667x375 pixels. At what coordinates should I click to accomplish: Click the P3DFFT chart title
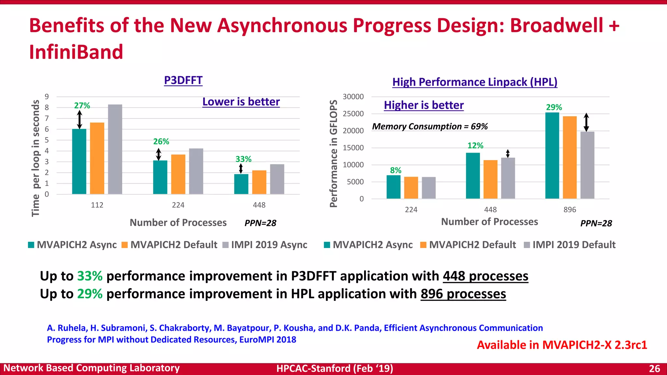tap(183, 80)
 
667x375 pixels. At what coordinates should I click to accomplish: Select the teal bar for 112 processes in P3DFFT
tap(79, 161)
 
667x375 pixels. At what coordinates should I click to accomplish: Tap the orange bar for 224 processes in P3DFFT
tap(178, 174)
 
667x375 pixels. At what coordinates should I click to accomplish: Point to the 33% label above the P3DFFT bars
tap(243, 159)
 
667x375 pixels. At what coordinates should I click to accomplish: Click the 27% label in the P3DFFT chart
tap(82, 106)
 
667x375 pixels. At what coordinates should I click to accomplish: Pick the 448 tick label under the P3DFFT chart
tap(259, 205)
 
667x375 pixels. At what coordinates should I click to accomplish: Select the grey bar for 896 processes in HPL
tap(587, 165)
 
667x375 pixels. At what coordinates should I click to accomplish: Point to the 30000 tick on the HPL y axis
tap(353, 97)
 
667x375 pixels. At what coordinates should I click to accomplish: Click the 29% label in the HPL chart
tap(554, 107)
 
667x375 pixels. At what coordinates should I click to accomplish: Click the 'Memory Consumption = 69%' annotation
tap(430, 126)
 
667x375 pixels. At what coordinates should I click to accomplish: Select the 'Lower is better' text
tap(241, 102)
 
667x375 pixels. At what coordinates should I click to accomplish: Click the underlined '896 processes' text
tap(463, 294)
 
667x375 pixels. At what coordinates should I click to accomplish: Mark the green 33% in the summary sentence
tap(90, 276)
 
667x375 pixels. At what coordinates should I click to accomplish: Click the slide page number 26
tap(654, 368)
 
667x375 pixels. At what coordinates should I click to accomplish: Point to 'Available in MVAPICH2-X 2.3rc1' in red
tap(562, 345)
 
